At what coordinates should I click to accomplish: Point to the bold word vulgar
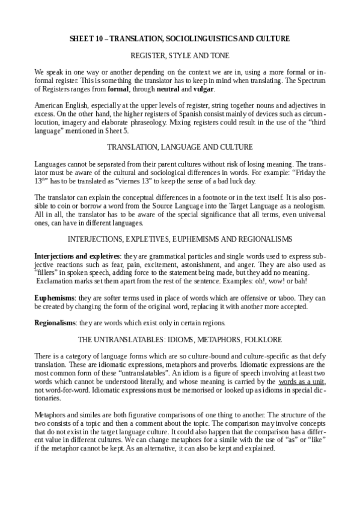[203, 90]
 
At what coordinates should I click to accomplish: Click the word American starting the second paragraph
[49, 105]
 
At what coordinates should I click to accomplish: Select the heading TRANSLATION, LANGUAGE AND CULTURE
[180, 146]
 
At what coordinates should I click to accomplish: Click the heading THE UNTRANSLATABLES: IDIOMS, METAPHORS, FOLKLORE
[180, 339]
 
